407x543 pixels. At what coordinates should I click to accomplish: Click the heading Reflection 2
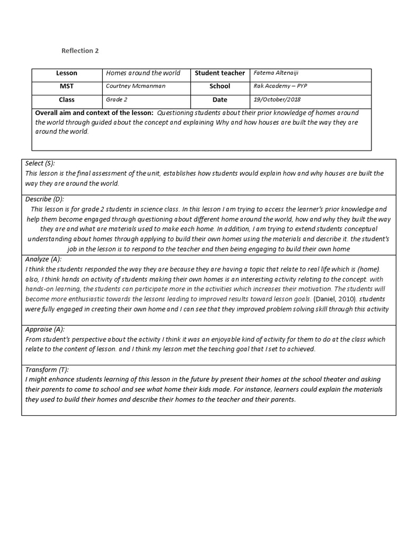tap(80, 51)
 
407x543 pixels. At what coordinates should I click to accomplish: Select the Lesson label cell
tap(67, 73)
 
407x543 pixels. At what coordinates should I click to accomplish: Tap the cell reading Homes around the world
tap(143, 73)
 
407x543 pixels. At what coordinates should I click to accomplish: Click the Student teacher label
tap(220, 73)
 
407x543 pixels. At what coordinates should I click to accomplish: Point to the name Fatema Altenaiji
tap(276, 73)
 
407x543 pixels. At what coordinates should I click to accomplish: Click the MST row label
tap(67, 86)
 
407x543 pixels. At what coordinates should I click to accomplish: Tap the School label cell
tap(220, 86)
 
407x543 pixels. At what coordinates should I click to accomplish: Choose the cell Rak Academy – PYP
tap(280, 86)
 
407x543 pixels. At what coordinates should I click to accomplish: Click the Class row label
tap(67, 100)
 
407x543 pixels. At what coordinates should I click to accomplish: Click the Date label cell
tap(220, 100)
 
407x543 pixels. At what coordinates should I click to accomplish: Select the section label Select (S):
tap(40, 163)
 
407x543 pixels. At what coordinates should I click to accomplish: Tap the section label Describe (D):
tap(45, 199)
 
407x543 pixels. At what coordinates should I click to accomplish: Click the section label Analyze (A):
tap(43, 259)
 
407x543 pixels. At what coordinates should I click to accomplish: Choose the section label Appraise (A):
tap(46, 329)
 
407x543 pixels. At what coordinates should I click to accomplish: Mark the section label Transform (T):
tap(47, 370)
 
